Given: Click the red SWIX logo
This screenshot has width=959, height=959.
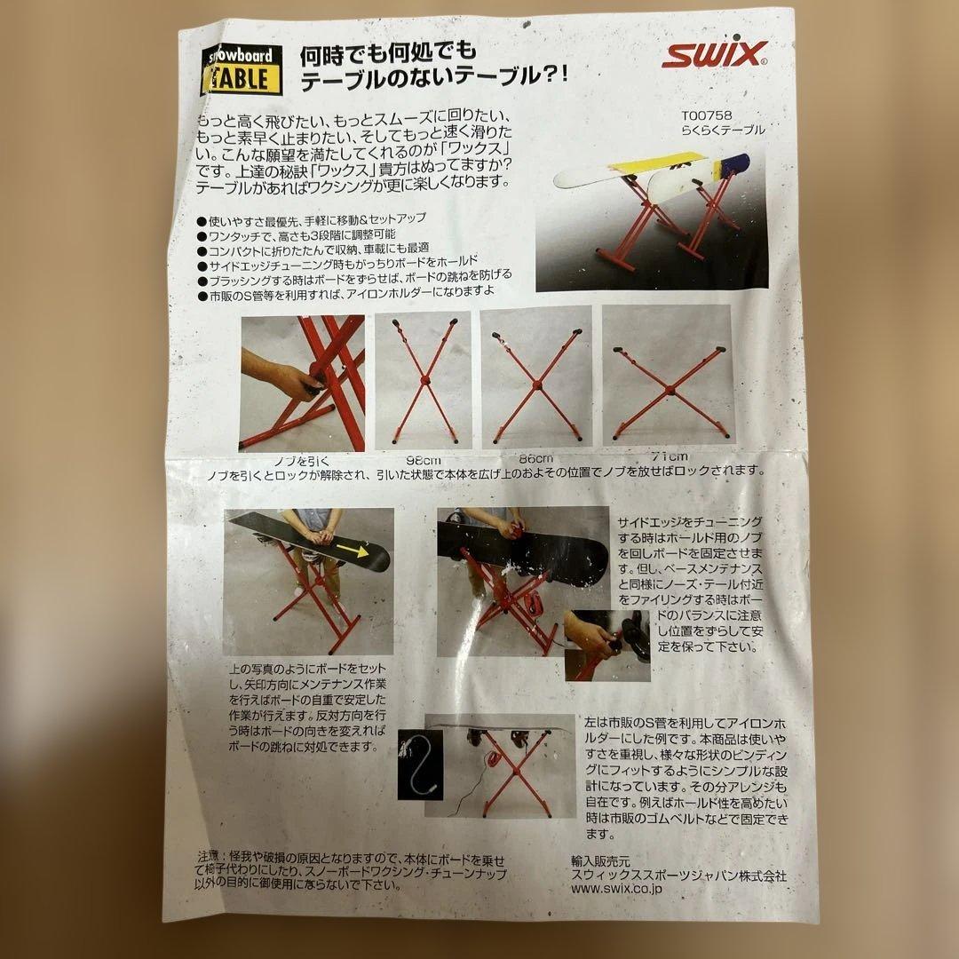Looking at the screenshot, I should [x=713, y=58].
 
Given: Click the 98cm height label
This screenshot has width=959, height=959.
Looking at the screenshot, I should [x=423, y=460].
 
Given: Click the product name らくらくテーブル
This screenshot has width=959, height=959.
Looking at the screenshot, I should [x=722, y=130].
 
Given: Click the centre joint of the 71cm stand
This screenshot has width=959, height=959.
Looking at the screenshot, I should [x=669, y=389].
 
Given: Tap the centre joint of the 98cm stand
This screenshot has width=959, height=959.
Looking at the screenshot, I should [x=425, y=379].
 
